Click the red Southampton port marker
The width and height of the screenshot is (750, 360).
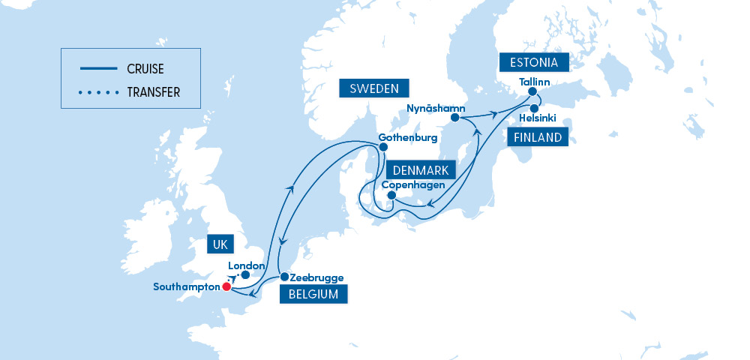coord(226,286)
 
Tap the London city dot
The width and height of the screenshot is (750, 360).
coord(245,275)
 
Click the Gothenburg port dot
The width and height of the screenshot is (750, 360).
coord(383,147)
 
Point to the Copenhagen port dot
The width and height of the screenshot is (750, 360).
coord(391,196)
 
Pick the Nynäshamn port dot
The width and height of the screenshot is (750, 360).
coord(455,118)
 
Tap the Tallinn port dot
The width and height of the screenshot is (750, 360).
coord(532,92)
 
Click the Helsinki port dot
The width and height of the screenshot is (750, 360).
coord(534,109)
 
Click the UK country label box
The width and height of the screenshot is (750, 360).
coord(220,244)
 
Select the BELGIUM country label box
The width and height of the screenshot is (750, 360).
coord(313,294)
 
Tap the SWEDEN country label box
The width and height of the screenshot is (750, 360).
coord(373,88)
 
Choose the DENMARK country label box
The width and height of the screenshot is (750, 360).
coord(420,170)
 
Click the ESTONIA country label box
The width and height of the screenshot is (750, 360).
coord(534,61)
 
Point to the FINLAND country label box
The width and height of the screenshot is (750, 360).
coord(537,137)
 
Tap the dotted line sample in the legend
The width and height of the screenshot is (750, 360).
coord(98,93)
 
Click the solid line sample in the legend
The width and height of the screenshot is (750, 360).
coord(98,68)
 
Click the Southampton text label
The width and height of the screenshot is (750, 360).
coord(187,286)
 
